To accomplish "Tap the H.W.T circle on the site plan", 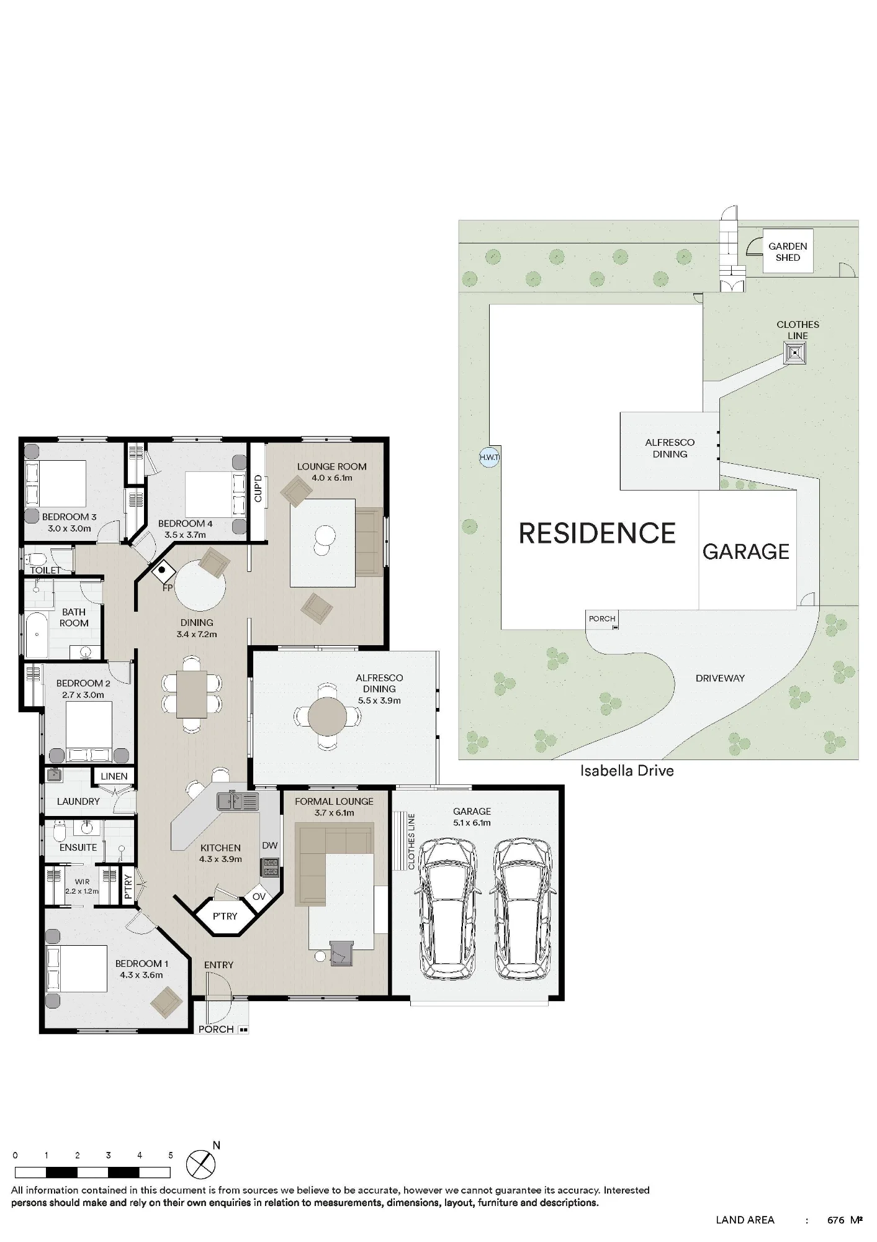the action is (489, 458).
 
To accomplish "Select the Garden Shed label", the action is (788, 252).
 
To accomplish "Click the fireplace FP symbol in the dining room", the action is (164, 569).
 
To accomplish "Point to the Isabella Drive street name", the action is (627, 771).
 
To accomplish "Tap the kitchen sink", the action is (238, 801).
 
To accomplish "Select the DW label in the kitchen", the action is (270, 845).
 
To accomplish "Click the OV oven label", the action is (259, 897).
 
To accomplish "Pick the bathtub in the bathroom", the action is (37, 634).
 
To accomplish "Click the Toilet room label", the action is (45, 570).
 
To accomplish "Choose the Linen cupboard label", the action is (114, 776).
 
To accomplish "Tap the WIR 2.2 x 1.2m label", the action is (82, 886).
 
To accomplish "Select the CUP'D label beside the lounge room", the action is (258, 489).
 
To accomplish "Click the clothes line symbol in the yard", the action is (794, 354).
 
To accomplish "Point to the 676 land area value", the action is (835, 1220).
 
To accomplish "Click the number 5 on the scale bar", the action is (171, 1156).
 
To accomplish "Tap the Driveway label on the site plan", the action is (720, 678).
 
